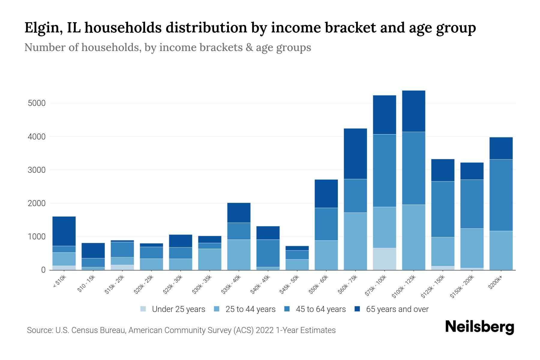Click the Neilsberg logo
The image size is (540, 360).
[479, 327]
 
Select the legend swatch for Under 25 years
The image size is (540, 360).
[143, 309]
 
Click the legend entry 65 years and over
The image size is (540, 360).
[397, 309]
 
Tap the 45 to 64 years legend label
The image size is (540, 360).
[321, 309]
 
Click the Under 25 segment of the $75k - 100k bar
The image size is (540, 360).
[384, 259]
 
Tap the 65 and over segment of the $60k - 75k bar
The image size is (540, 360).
[355, 154]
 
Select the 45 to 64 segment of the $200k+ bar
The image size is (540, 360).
[501, 195]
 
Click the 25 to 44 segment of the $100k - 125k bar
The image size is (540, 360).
[413, 237]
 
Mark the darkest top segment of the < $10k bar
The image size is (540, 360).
[64, 231]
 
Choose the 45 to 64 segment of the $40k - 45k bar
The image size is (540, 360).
[268, 253]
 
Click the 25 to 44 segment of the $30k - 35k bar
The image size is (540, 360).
[209, 259]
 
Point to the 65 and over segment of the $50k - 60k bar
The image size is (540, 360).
[326, 193]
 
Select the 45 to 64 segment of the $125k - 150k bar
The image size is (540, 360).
[442, 209]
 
